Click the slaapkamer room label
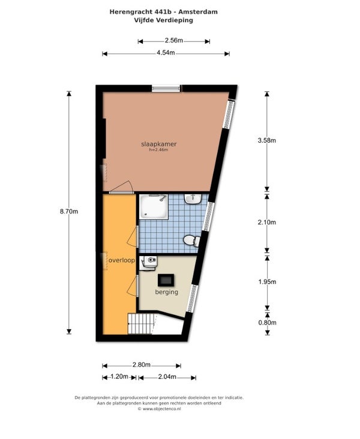[159, 144]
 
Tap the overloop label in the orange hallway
[122, 260]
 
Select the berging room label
[167, 292]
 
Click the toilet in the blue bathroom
[192, 240]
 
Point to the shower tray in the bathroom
[154, 207]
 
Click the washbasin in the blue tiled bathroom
[193, 199]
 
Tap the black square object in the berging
[166, 280]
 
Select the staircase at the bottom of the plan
[142, 324]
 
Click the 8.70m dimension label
[69, 211]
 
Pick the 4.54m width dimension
[166, 53]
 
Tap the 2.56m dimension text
[173, 40]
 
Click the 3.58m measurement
[267, 140]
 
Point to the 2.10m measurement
[267, 222]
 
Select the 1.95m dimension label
[267, 282]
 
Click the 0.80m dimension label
[267, 323]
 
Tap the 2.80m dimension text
[142, 365]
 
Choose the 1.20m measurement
[119, 377]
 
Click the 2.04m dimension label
[167, 377]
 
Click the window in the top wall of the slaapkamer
[166, 89]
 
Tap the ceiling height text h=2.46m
[158, 150]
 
